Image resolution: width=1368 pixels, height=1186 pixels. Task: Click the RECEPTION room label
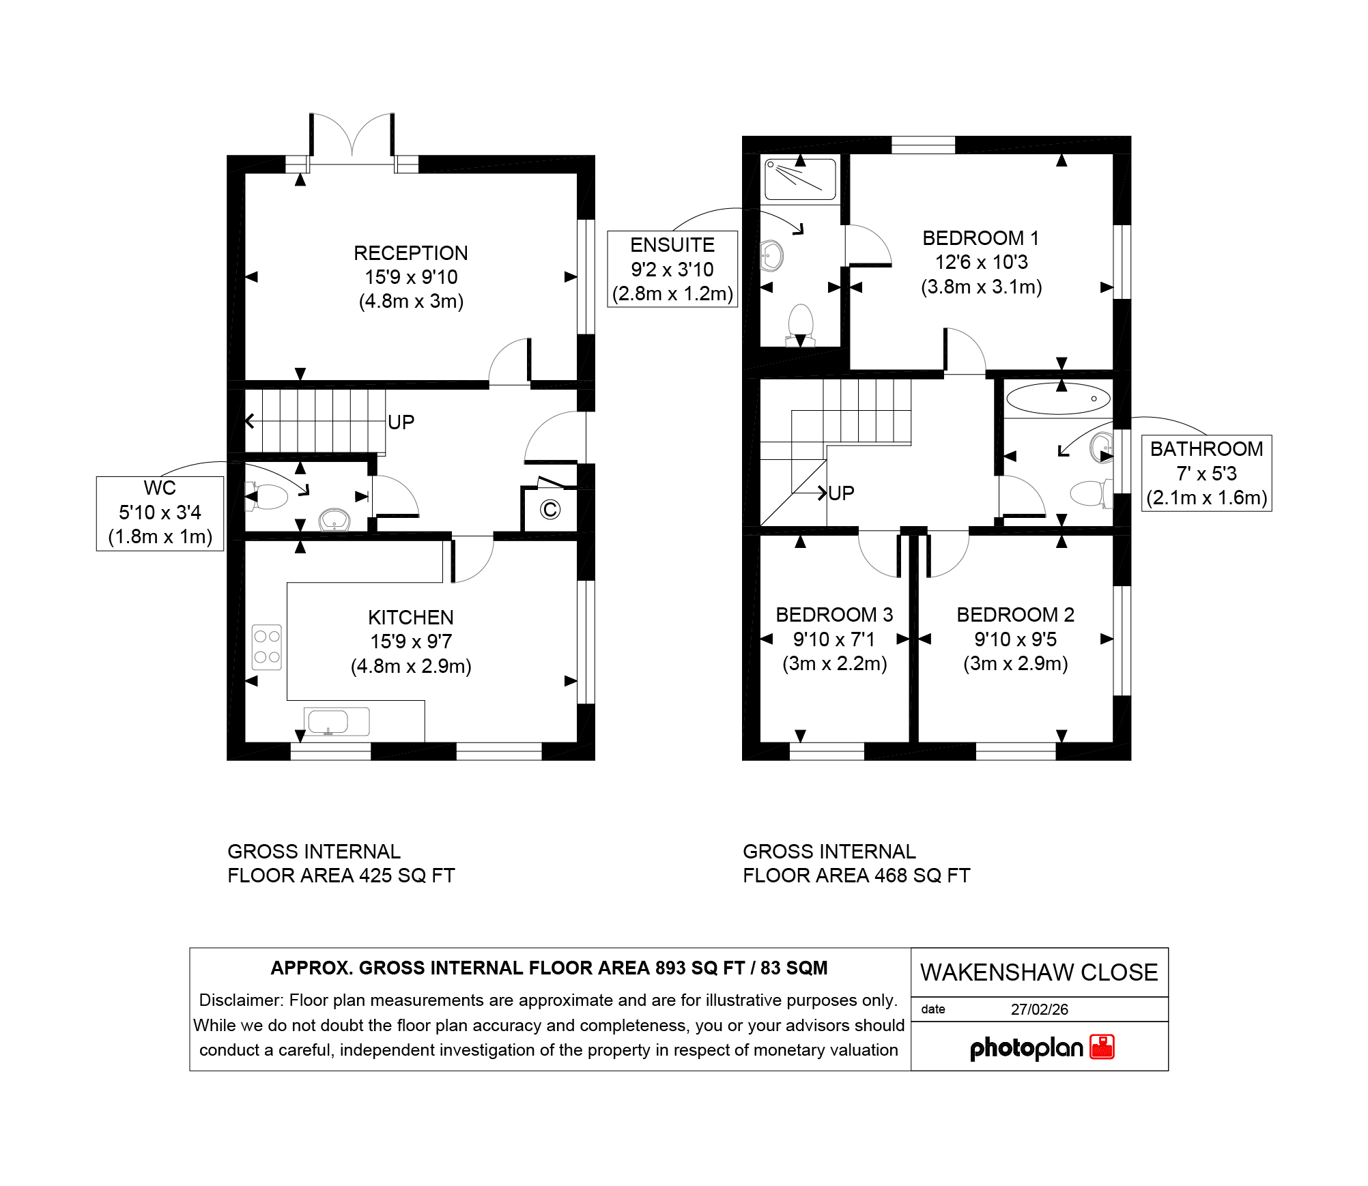[411, 253]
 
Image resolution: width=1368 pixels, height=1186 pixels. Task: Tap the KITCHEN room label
[411, 618]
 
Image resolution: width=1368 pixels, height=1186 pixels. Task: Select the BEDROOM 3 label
[834, 615]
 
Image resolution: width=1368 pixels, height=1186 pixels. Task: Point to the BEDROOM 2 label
[1015, 615]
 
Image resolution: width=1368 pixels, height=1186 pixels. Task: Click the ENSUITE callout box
[672, 269]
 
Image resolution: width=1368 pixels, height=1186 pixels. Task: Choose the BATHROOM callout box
[1206, 473]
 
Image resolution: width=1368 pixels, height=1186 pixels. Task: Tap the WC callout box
[160, 512]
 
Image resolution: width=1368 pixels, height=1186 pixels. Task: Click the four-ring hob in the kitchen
[266, 647]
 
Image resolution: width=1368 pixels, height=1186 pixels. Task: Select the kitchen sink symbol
[337, 721]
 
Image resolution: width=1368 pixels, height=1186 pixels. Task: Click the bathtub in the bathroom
[1058, 399]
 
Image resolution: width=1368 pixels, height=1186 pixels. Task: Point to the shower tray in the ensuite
[800, 179]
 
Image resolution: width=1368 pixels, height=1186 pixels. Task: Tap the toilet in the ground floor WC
[267, 497]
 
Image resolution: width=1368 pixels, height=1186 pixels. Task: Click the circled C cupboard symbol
[550, 509]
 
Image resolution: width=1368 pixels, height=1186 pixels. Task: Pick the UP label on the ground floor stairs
[401, 422]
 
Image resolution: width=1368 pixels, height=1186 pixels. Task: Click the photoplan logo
[1042, 1047]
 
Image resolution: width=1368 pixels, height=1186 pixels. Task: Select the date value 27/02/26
[1040, 1009]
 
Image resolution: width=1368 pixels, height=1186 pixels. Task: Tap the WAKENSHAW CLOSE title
[1039, 972]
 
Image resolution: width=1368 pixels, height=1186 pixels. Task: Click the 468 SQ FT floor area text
[922, 876]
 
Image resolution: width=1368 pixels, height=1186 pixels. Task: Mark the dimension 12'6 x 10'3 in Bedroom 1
[982, 262]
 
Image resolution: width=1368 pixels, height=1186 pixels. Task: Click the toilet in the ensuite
[800, 326]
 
